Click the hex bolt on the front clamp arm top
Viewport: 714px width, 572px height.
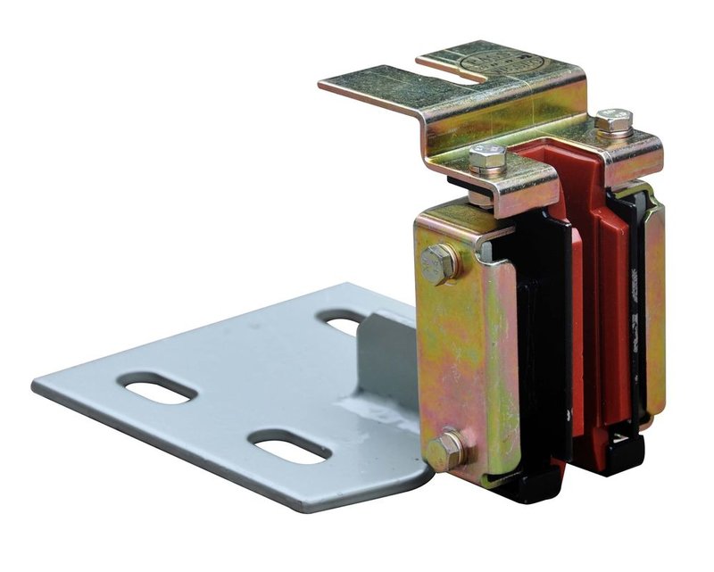pos(487,159)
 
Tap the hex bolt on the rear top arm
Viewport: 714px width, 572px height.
pos(613,121)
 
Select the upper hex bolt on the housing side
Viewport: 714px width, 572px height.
pos(439,263)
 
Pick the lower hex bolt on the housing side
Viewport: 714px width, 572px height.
pos(444,450)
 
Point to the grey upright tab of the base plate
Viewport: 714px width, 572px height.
pos(384,357)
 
